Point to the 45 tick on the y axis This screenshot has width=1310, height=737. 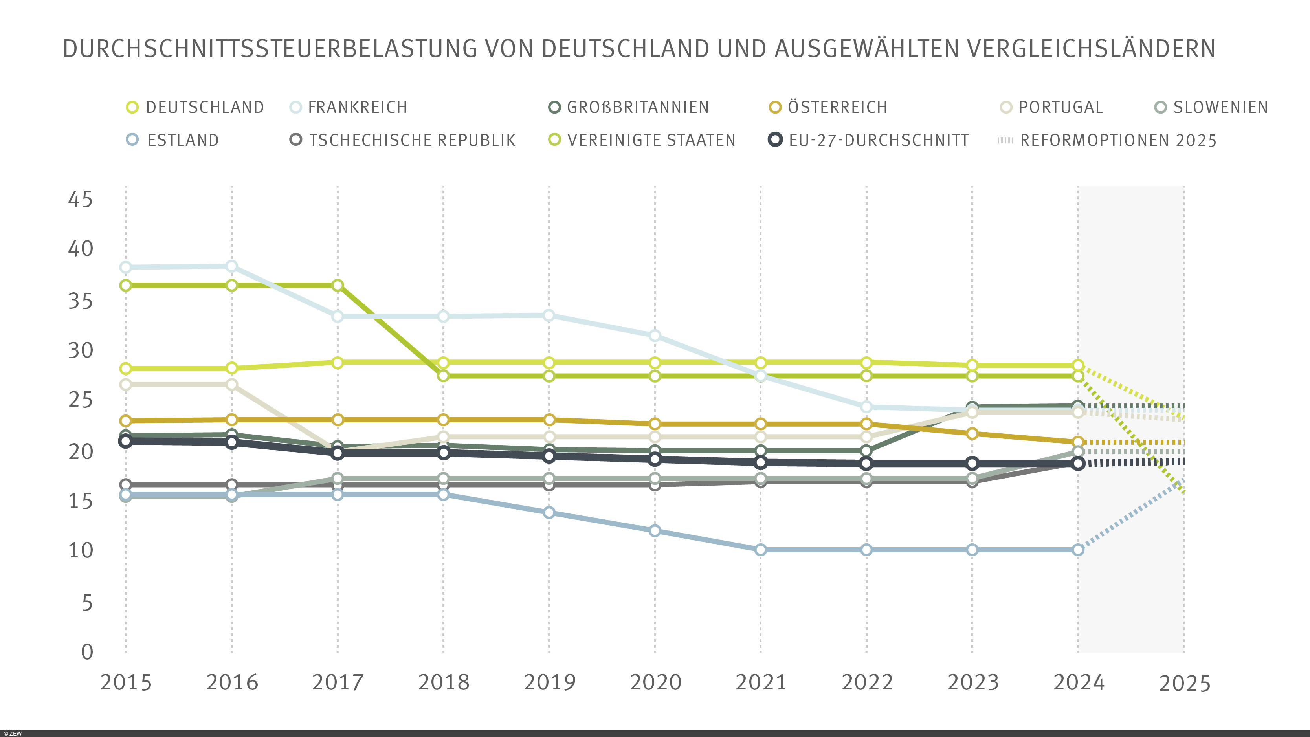[80, 200]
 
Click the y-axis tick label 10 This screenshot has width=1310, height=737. [80, 550]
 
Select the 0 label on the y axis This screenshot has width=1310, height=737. [87, 651]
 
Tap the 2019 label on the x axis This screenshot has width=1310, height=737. [549, 682]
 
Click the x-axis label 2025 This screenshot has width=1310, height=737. [1184, 683]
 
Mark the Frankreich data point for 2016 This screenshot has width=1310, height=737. [231, 266]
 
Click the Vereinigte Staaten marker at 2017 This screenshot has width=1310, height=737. [337, 285]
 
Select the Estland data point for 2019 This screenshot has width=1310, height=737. [549, 513]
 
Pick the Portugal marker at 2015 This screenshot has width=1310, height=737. [126, 385]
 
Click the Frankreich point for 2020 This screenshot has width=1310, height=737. [655, 335]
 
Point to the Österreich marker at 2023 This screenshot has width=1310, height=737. [972, 433]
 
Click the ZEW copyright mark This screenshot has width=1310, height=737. [12, 733]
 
